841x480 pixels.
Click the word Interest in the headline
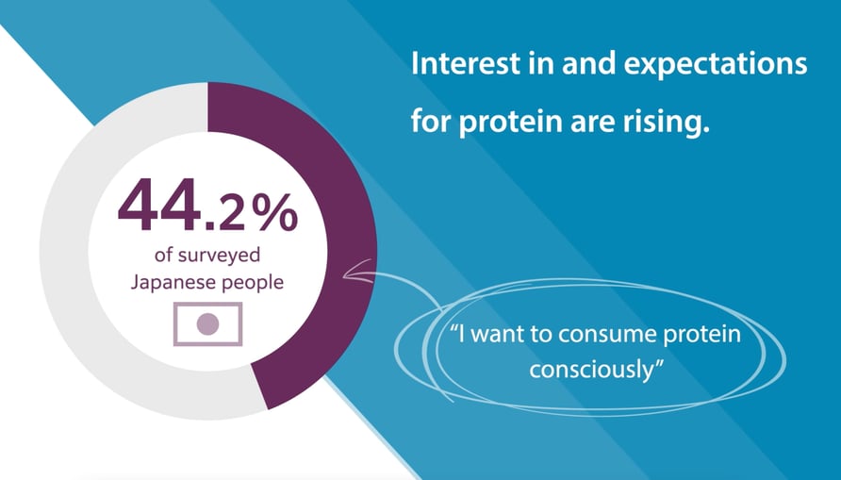tap(465, 63)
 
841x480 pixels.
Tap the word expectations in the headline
tap(716, 65)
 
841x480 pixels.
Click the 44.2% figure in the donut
tap(207, 205)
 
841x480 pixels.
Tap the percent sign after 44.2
tap(278, 211)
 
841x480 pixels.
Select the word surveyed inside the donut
tap(219, 256)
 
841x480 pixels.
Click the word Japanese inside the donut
tap(165, 283)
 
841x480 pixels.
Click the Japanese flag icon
tap(208, 324)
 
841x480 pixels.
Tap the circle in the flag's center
tap(208, 324)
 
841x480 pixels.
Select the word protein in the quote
tap(702, 336)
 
